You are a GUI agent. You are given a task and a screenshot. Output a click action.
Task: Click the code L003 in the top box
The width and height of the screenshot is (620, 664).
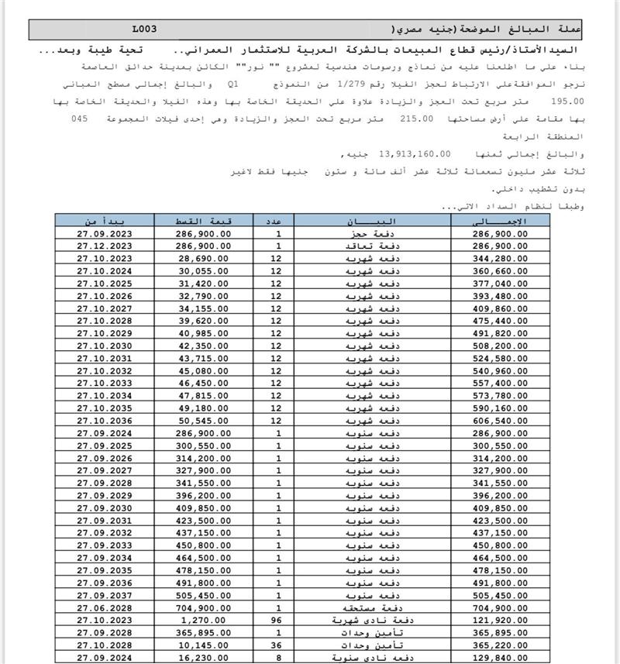coord(144,29)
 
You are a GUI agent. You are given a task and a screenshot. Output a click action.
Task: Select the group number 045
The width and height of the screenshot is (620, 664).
coord(80,119)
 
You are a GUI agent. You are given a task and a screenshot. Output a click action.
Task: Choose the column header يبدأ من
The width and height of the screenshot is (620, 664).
coord(104,221)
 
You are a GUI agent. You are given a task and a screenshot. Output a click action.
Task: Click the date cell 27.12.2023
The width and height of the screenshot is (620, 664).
coord(105,246)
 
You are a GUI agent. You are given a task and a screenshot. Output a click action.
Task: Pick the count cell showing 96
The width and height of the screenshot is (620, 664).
coord(278,619)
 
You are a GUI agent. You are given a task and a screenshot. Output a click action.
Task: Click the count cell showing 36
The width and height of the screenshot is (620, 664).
coord(278,644)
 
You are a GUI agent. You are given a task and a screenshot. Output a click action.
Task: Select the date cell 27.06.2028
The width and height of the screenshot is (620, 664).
coord(105,607)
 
